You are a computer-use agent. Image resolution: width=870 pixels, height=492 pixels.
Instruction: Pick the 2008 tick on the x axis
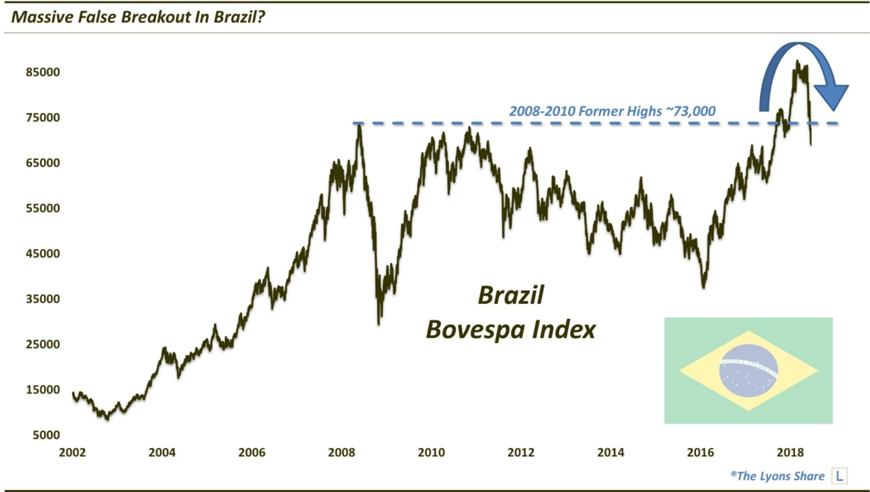(341, 453)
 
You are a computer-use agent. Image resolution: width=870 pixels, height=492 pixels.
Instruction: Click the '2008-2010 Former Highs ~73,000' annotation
(612, 111)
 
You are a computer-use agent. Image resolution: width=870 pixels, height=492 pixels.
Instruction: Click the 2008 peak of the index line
(358, 125)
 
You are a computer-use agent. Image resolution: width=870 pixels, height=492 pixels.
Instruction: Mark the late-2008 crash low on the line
(379, 323)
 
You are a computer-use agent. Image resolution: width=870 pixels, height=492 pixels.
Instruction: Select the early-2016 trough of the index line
(703, 287)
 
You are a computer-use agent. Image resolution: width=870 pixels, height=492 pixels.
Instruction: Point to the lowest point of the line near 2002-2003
(108, 419)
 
